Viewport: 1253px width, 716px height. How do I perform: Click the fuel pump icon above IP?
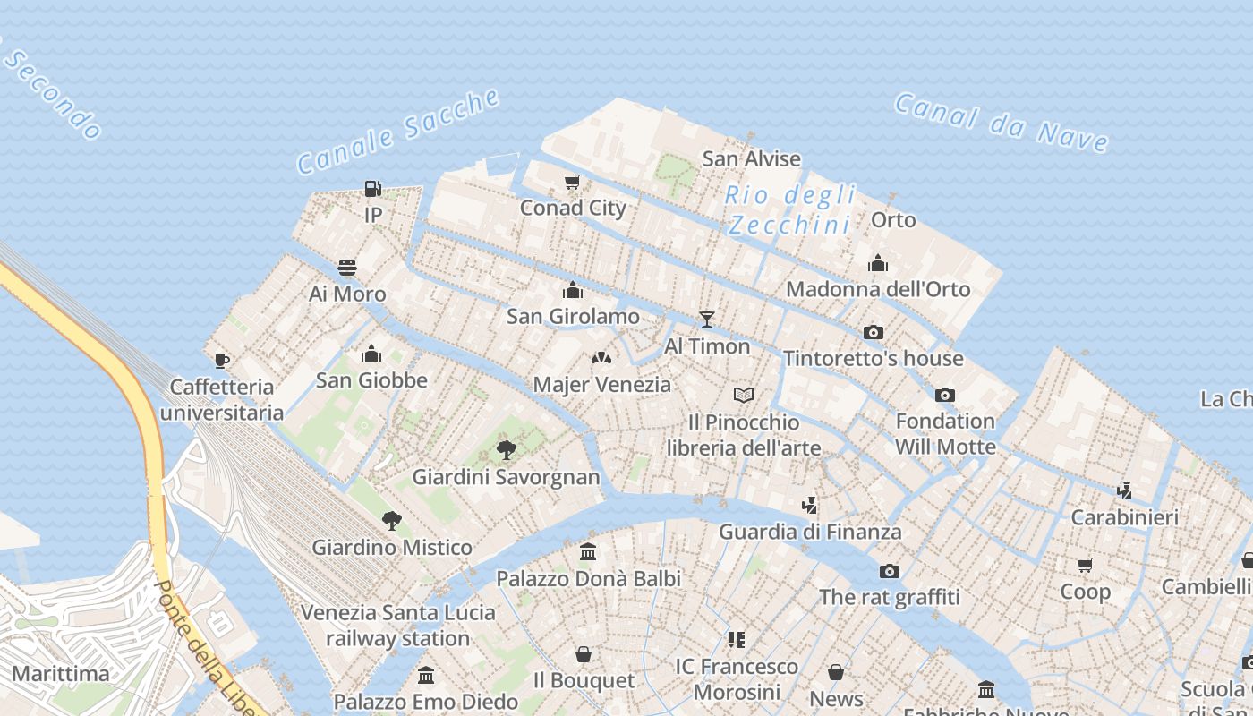pyautogui.click(x=373, y=189)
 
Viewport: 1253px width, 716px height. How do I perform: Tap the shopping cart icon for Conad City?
pyautogui.click(x=573, y=183)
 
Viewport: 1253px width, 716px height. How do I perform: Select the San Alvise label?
pyautogui.click(x=751, y=159)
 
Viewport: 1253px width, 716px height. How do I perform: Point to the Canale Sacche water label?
pyautogui.click(x=398, y=132)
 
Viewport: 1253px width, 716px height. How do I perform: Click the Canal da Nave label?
pyautogui.click(x=1002, y=122)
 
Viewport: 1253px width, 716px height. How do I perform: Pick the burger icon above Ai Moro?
pyautogui.click(x=347, y=268)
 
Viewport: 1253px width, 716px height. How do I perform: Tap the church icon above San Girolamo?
pyautogui.click(x=573, y=290)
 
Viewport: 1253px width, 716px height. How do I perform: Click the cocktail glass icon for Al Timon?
pyautogui.click(x=707, y=320)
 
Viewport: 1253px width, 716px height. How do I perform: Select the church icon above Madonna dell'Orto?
pyautogui.click(x=878, y=263)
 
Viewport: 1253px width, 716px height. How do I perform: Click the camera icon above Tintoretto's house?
pyautogui.click(x=874, y=333)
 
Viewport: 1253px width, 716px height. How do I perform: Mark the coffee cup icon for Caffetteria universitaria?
pyautogui.click(x=222, y=361)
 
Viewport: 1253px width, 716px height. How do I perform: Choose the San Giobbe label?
pyautogui.click(x=371, y=380)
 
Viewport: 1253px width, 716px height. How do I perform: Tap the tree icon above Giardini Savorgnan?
pyautogui.click(x=506, y=449)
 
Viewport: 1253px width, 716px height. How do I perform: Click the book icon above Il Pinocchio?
pyautogui.click(x=744, y=395)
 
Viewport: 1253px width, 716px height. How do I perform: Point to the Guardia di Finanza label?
pyautogui.click(x=810, y=532)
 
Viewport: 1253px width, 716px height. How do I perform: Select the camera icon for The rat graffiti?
pyautogui.click(x=889, y=571)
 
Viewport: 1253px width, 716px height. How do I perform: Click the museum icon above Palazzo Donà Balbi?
pyautogui.click(x=588, y=552)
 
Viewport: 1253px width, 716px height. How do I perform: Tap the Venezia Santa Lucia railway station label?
pyautogui.click(x=397, y=626)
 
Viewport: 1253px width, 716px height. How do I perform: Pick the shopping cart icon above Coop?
pyautogui.click(x=1086, y=565)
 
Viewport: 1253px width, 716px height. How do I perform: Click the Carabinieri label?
pyautogui.click(x=1124, y=517)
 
